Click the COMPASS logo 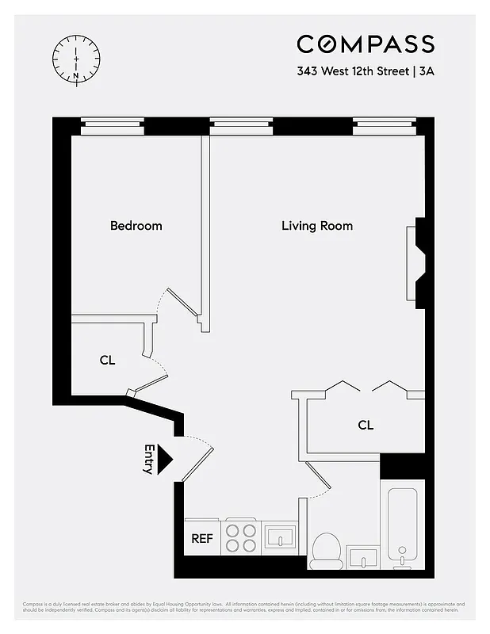pos(366,44)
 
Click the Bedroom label pos(136,226)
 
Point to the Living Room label pos(317,226)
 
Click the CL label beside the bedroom pos(108,360)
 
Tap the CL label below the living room pos(365,425)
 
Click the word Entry pos(148,459)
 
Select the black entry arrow pos(164,459)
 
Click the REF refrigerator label pos(202,539)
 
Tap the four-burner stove pos(241,538)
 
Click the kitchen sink pos(279,538)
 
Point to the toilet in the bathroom pos(326,550)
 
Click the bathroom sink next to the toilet pos(366,557)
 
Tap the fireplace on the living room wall pos(417,262)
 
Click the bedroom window pos(113,124)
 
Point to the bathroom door pos(319,480)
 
